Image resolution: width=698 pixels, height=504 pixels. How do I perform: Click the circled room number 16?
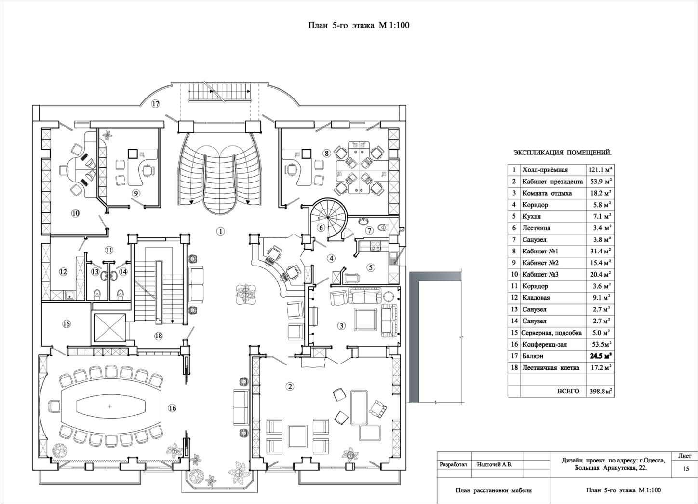[172, 408]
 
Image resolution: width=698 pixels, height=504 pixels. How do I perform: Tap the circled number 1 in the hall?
[221, 232]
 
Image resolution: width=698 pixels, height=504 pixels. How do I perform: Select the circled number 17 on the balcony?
[156, 104]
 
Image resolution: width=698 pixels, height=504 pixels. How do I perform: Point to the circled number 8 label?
[326, 153]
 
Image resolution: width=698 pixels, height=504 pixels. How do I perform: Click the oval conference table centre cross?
[110, 406]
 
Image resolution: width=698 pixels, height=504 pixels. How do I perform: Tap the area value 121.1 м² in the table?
[600, 170]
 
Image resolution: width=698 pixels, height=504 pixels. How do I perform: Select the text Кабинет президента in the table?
[552, 182]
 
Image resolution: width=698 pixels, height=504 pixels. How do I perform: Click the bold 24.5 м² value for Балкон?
[600, 356]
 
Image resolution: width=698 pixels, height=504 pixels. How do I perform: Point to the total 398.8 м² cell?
[600, 392]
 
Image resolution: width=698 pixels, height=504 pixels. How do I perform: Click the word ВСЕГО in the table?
[568, 392]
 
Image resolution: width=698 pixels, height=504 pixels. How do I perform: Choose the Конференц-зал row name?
[544, 345]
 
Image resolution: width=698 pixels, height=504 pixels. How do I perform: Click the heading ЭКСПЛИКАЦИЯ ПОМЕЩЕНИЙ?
[563, 153]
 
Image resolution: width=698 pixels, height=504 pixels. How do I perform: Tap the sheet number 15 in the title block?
[686, 469]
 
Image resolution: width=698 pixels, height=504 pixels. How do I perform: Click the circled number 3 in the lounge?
[341, 326]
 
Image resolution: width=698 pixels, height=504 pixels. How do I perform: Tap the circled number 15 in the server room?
[67, 324]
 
